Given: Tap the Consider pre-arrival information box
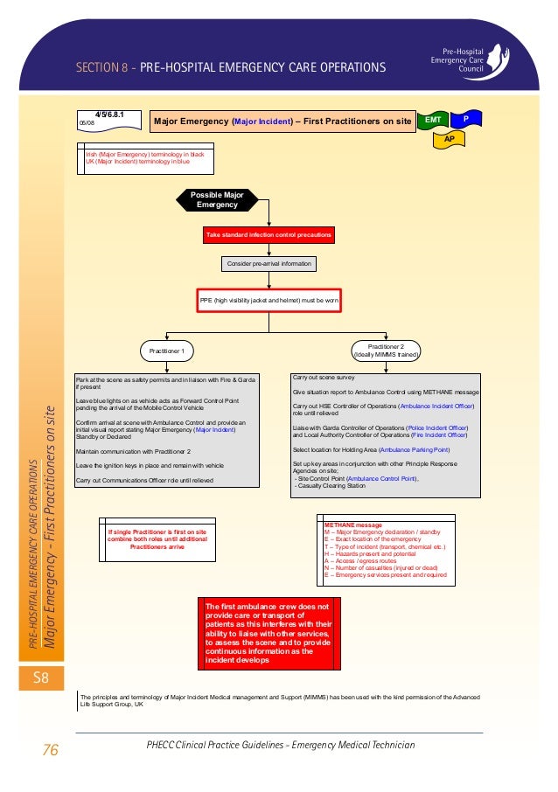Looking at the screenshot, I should click(269, 263).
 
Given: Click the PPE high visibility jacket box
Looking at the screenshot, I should click(269, 301).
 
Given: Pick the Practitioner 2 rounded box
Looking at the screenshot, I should click(385, 351).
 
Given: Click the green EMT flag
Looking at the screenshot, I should click(433, 119).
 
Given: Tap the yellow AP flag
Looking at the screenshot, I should click(449, 138).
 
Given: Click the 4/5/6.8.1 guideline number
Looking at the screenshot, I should click(110, 115).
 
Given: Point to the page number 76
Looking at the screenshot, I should click(50, 748).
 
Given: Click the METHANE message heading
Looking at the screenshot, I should click(347, 525).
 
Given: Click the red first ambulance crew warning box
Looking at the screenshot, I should click(269, 634).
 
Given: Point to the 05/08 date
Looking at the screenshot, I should click(87, 124).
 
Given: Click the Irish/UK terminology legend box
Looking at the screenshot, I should click(144, 157).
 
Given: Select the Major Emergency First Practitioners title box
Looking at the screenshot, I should click(282, 122).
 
